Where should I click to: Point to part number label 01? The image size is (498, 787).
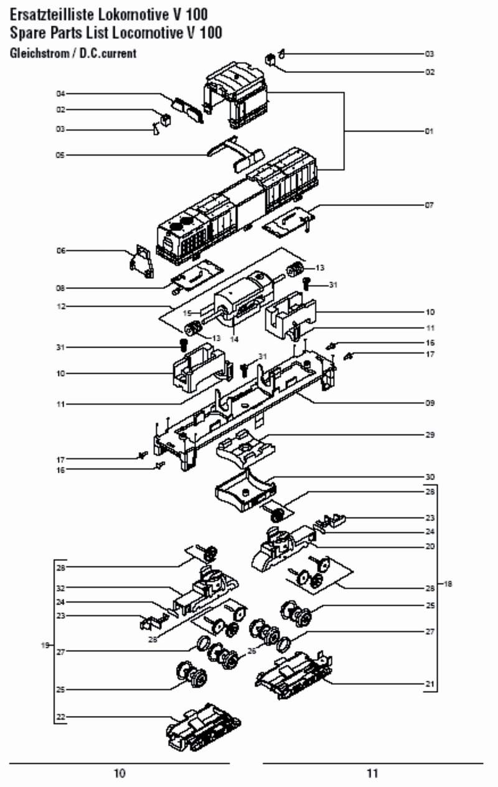tap(430, 132)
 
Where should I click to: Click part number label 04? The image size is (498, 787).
tap(61, 94)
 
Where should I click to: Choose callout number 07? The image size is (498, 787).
tap(430, 205)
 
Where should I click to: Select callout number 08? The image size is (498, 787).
tap(61, 288)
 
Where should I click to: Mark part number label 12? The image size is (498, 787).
tap(61, 306)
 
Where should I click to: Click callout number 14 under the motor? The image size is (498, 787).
tap(234, 339)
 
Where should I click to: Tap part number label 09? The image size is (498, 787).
tap(430, 403)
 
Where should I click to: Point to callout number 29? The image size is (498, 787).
tap(430, 435)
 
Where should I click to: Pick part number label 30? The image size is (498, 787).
tap(430, 477)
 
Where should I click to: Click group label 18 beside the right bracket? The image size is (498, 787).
tap(448, 584)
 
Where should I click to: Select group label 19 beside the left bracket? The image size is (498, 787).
tap(45, 646)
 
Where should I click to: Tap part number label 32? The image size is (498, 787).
tap(61, 588)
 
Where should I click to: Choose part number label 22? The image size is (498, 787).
tap(61, 717)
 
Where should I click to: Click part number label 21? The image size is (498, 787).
tap(430, 684)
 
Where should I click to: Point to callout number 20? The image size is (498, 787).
tap(430, 547)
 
